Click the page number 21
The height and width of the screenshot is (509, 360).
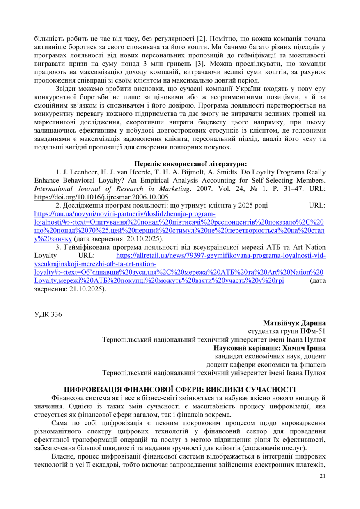322,476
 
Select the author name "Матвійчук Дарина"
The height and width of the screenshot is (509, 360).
294,323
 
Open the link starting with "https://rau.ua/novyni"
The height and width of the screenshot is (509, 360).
124,214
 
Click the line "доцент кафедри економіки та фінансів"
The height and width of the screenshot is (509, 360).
266,365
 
